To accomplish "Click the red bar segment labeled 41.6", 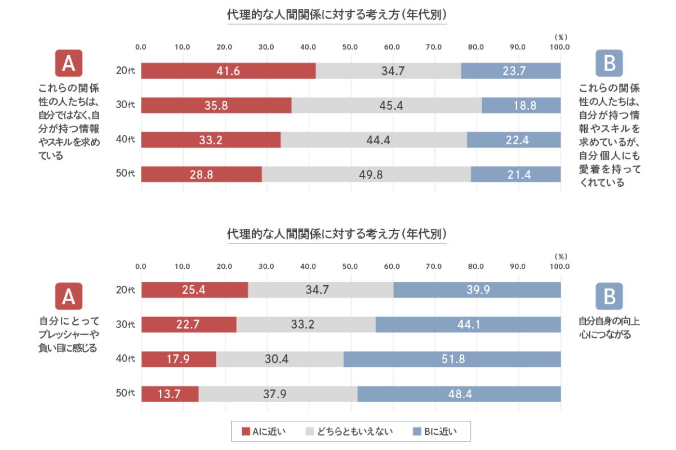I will tap(228, 71).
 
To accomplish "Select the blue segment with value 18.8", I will tap(521, 105).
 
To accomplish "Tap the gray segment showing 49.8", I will tap(366, 174).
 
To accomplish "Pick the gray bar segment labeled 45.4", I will tap(386, 105).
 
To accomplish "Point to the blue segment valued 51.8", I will tap(452, 359).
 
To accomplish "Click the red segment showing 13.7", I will tap(170, 394).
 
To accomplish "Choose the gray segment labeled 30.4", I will tap(280, 359).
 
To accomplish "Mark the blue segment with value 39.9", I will tap(477, 290).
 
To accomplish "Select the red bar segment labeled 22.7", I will tap(189, 325).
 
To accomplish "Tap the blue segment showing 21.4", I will tap(515, 174).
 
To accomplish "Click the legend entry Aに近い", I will tap(264, 432).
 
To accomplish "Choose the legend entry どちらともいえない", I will tap(349, 432).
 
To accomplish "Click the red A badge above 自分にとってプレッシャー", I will tap(69, 296).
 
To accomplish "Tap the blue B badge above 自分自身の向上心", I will tap(609, 296).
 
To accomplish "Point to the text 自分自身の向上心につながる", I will tap(610, 328).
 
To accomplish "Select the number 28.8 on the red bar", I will tap(202, 174).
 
